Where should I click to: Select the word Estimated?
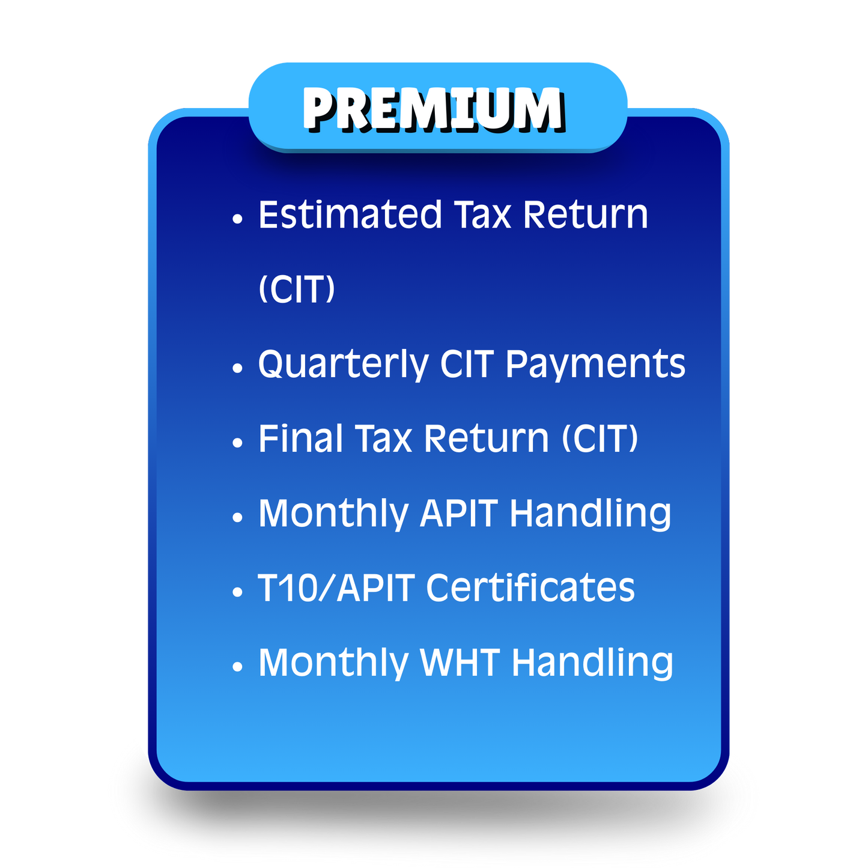coord(350,215)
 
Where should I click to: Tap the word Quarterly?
coord(343,365)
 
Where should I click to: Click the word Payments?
coord(595,365)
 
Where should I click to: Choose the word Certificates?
coord(530,587)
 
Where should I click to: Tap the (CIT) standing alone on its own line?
coord(296,290)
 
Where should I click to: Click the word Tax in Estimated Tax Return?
coord(482,215)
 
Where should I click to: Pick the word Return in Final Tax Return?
coord(487,439)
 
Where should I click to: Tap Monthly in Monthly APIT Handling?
coord(333,514)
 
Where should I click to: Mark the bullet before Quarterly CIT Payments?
coord(238,368)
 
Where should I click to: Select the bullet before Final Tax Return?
coord(238,443)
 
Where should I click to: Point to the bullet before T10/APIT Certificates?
coord(238,592)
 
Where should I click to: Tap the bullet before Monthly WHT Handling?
coord(238,666)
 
